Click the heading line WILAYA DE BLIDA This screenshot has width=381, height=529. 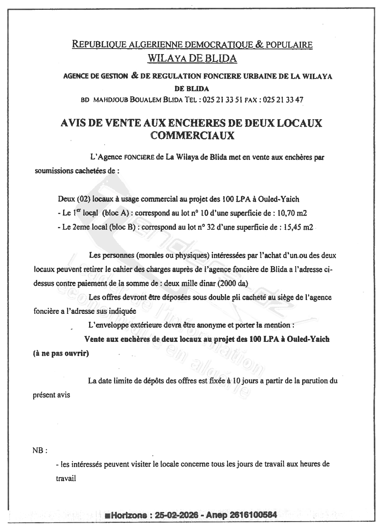point(192,58)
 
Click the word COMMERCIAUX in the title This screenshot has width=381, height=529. point(192,135)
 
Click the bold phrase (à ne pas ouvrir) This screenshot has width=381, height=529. point(61,353)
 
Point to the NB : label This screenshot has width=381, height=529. point(40,450)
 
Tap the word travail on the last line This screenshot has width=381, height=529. point(66,478)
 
